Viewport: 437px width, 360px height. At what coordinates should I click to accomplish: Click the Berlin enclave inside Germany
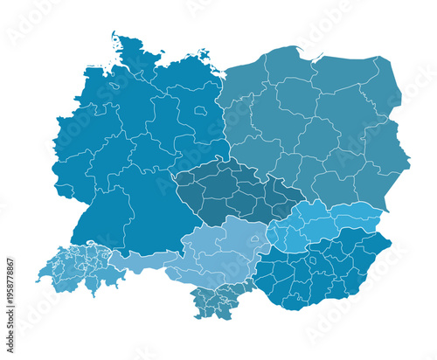point(201,111)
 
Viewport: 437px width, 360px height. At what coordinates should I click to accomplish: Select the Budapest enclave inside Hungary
point(314,260)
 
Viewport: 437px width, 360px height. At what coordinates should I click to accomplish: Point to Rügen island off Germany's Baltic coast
point(208,54)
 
